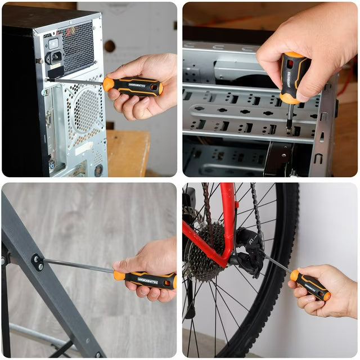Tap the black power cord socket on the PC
[x=55, y=57]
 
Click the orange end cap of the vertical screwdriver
[x=290, y=98]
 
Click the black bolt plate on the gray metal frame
[x=38, y=262]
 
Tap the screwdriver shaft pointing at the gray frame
[x=79, y=266]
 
